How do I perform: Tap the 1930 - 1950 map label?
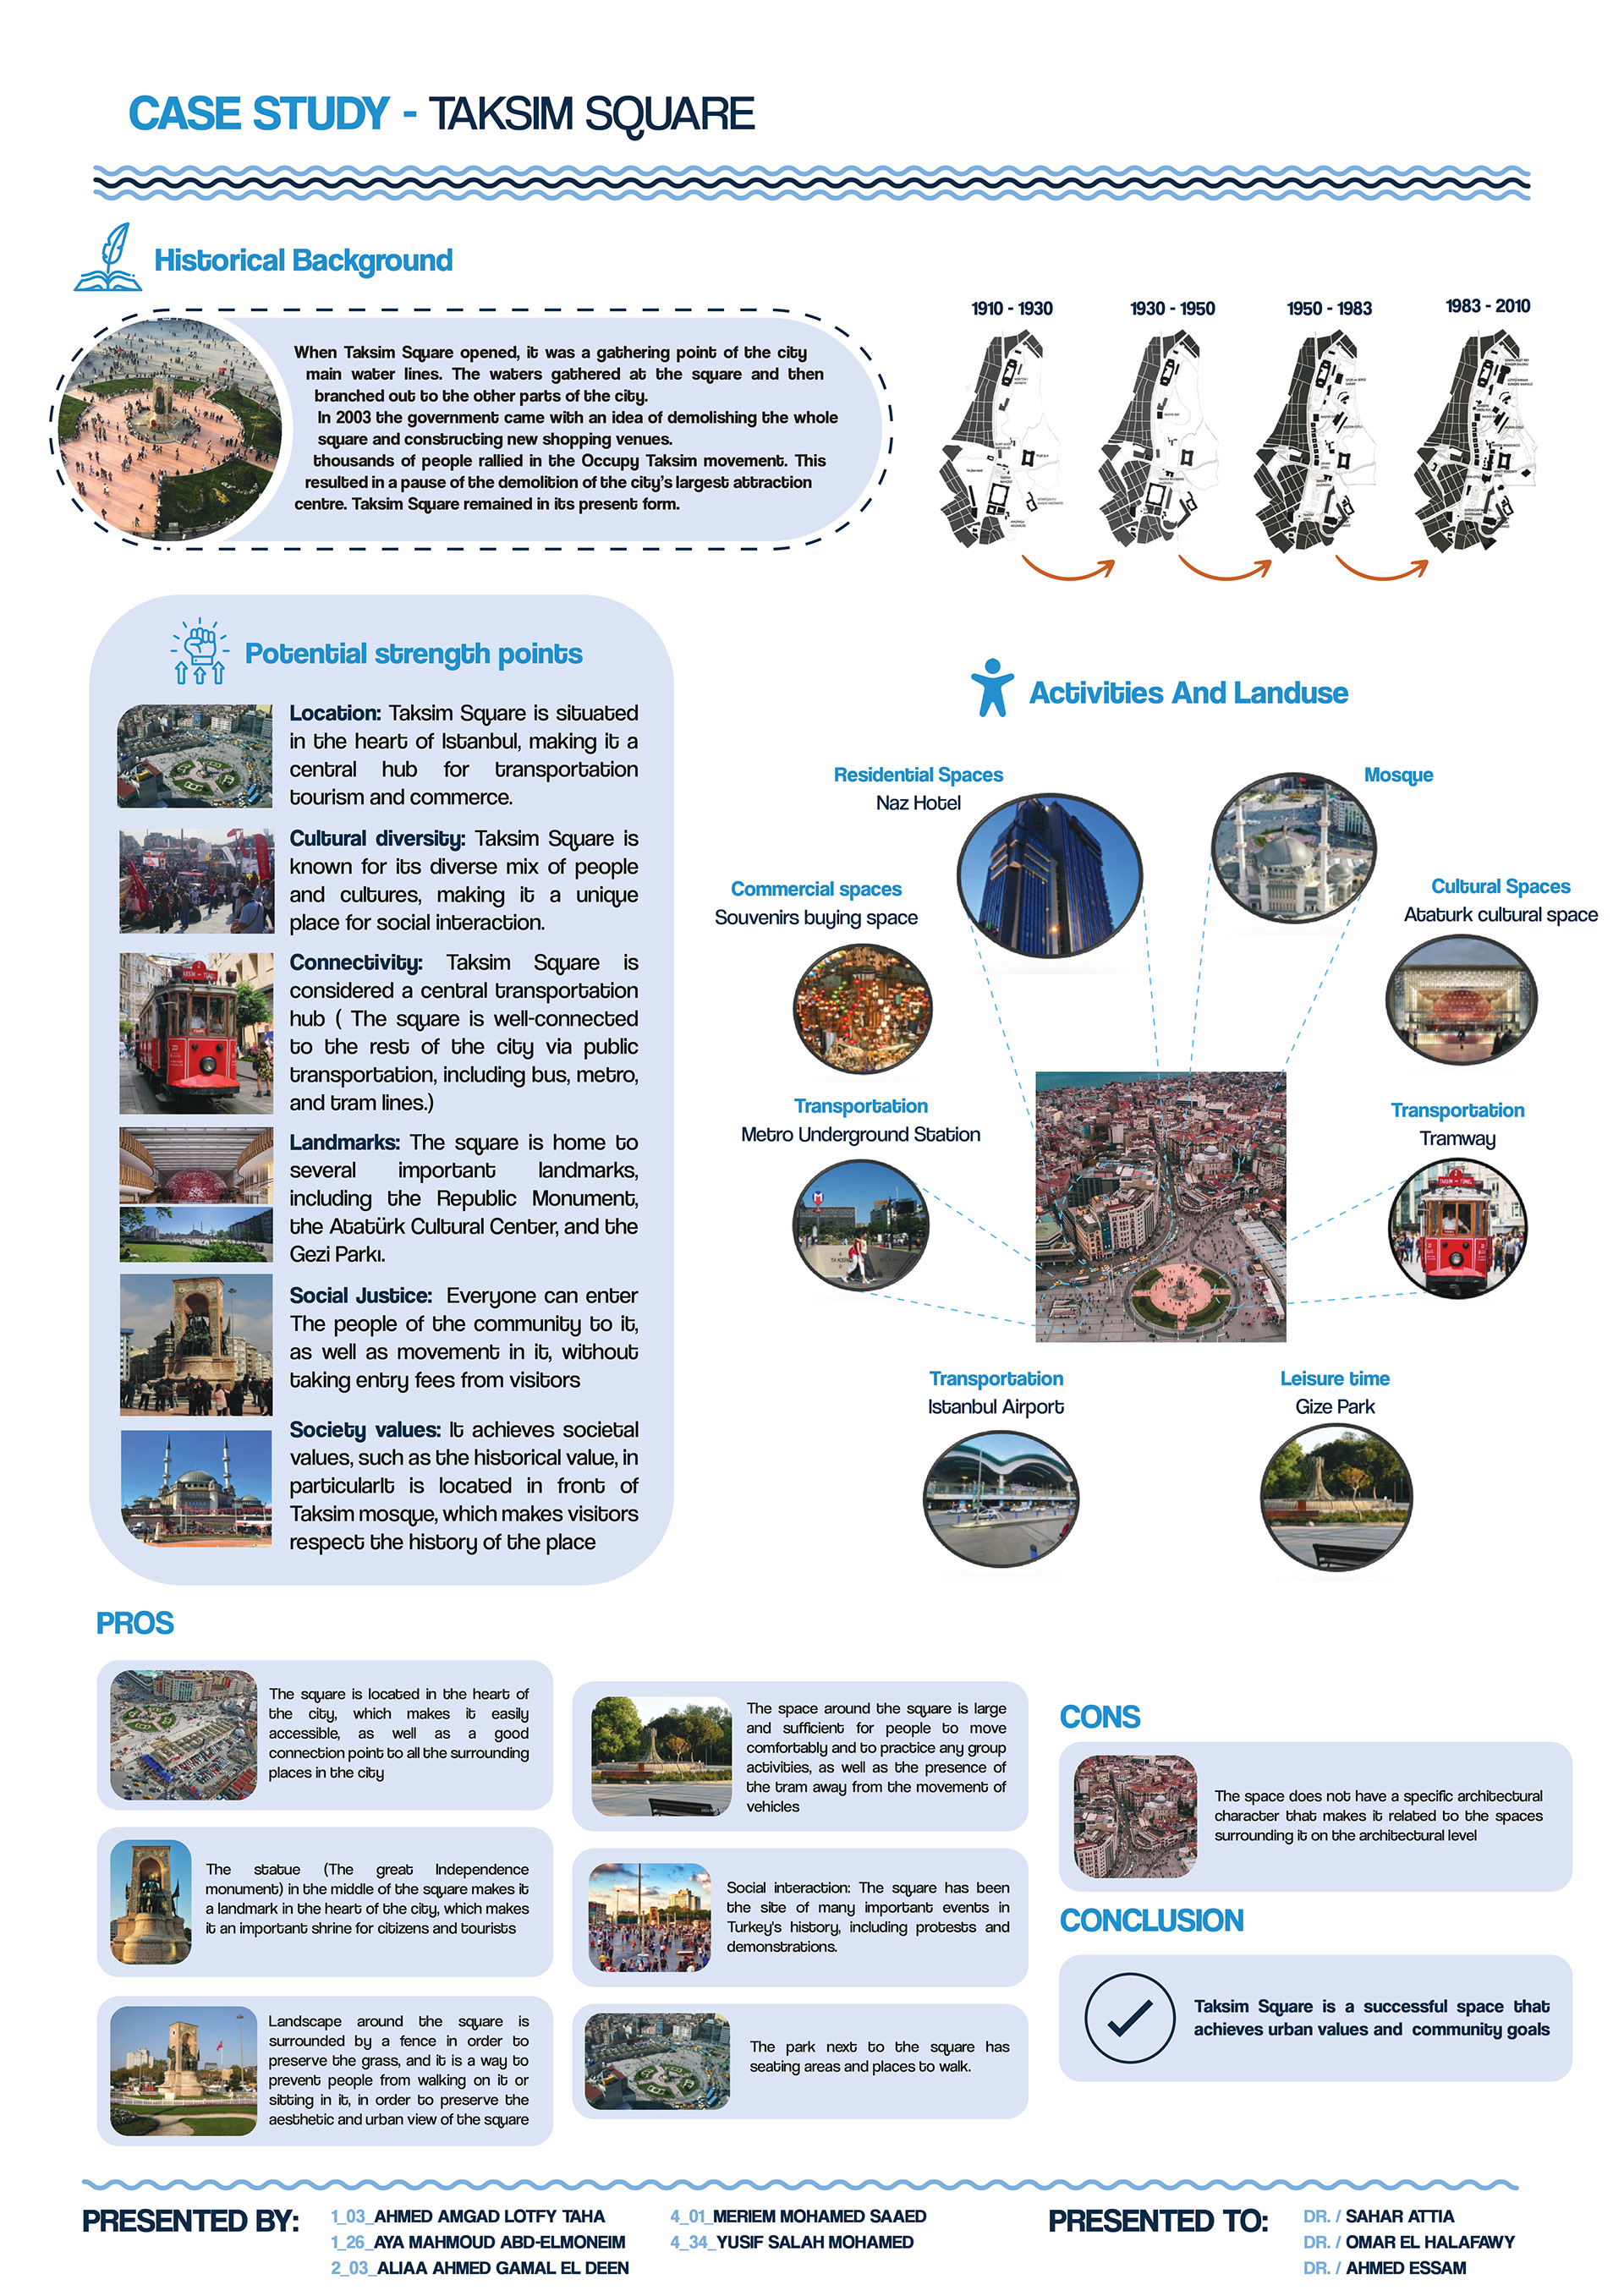click(x=1172, y=309)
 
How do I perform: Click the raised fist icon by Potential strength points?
click(x=200, y=650)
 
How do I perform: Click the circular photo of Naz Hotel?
click(x=1049, y=875)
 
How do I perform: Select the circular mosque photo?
click(x=1293, y=845)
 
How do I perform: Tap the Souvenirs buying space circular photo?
click(x=862, y=1008)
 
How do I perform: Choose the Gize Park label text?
click(x=1334, y=1406)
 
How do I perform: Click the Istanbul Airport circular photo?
click(x=1001, y=1497)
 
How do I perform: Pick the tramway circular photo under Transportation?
click(x=1457, y=1228)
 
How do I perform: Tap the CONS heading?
click(x=1100, y=1717)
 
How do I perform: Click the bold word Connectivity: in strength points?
click(x=356, y=962)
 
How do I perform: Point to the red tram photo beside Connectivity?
click(x=196, y=1033)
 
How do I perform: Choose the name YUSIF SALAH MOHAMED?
click(x=814, y=2242)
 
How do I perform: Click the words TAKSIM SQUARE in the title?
click(x=591, y=114)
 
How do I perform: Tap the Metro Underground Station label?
click(x=860, y=1134)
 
